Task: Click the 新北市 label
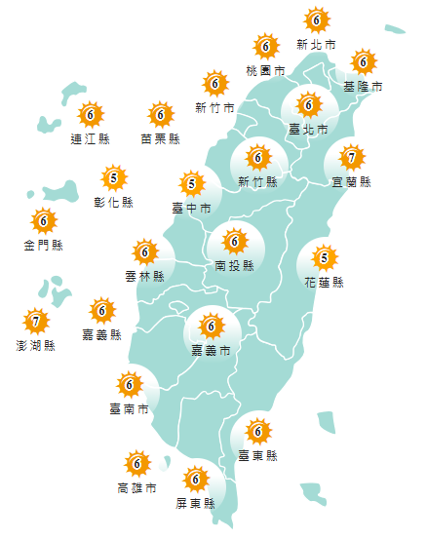317,45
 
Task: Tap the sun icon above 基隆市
364,62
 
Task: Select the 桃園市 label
266,71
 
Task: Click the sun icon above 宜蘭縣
351,156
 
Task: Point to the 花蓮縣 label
325,283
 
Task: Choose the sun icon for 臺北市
308,104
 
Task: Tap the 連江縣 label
91,139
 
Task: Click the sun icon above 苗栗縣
161,115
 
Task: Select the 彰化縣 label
114,202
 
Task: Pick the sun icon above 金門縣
43,220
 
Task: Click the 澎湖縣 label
36,345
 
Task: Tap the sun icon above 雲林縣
145,252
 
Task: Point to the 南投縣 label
235,264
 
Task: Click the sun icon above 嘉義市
211,325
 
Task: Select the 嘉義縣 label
102,334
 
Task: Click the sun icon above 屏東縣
196,479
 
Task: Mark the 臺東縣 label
258,455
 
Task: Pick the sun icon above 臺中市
192,182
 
